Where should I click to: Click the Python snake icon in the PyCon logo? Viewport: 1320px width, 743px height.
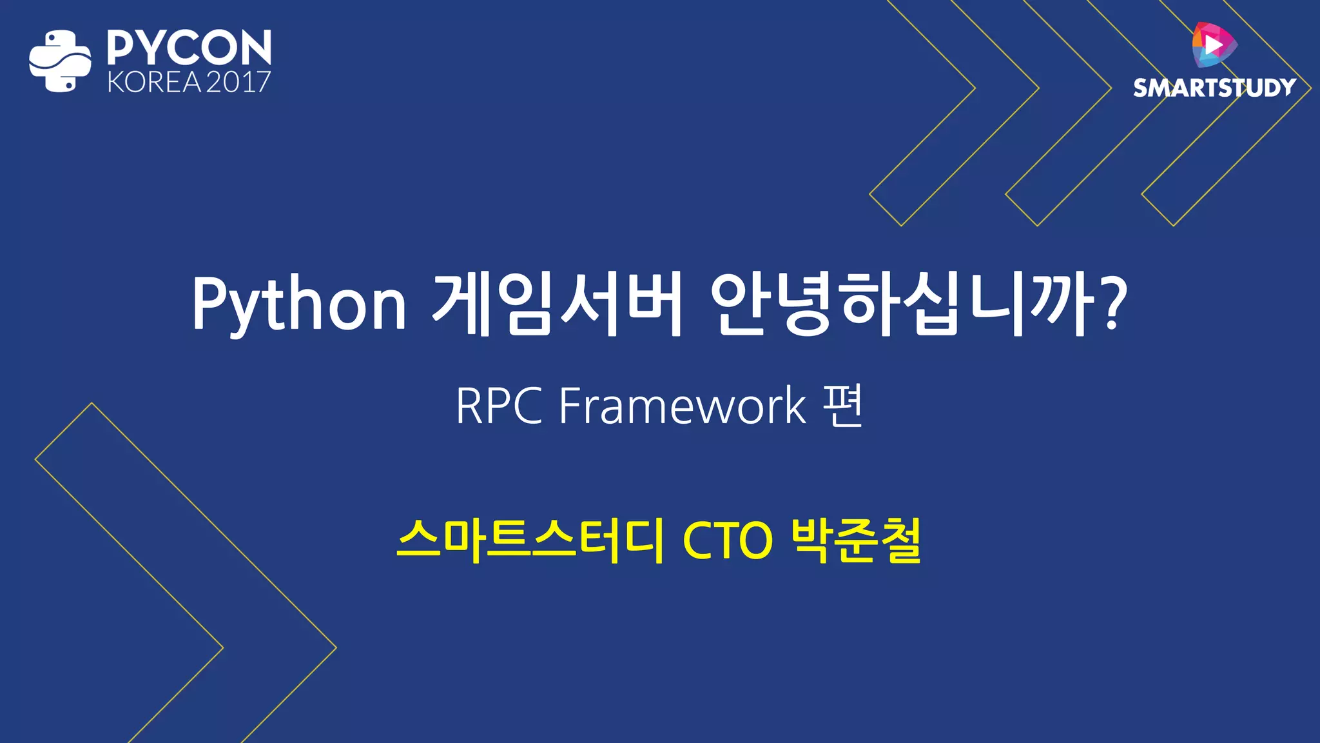[60, 61]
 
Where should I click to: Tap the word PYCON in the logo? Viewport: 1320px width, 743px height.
[189, 48]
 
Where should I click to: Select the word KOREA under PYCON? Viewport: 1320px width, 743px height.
[154, 83]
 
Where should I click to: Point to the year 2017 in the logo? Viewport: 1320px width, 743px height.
[238, 83]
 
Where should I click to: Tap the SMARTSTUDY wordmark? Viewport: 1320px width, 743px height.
[1214, 88]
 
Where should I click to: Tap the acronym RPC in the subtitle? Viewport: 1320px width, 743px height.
[499, 406]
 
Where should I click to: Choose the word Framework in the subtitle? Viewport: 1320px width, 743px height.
[682, 406]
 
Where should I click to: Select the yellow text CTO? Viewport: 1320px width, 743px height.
[727, 540]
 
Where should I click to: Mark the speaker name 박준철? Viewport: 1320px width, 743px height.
[856, 540]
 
